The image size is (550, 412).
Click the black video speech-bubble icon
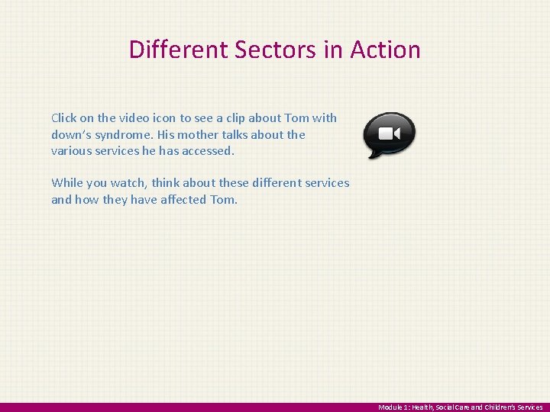pyautogui.click(x=389, y=134)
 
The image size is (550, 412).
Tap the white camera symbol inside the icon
pyautogui.click(x=390, y=134)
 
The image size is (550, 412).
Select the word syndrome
pyautogui.click(x=124, y=135)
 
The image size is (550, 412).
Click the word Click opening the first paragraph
pyautogui.click(x=65, y=118)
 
